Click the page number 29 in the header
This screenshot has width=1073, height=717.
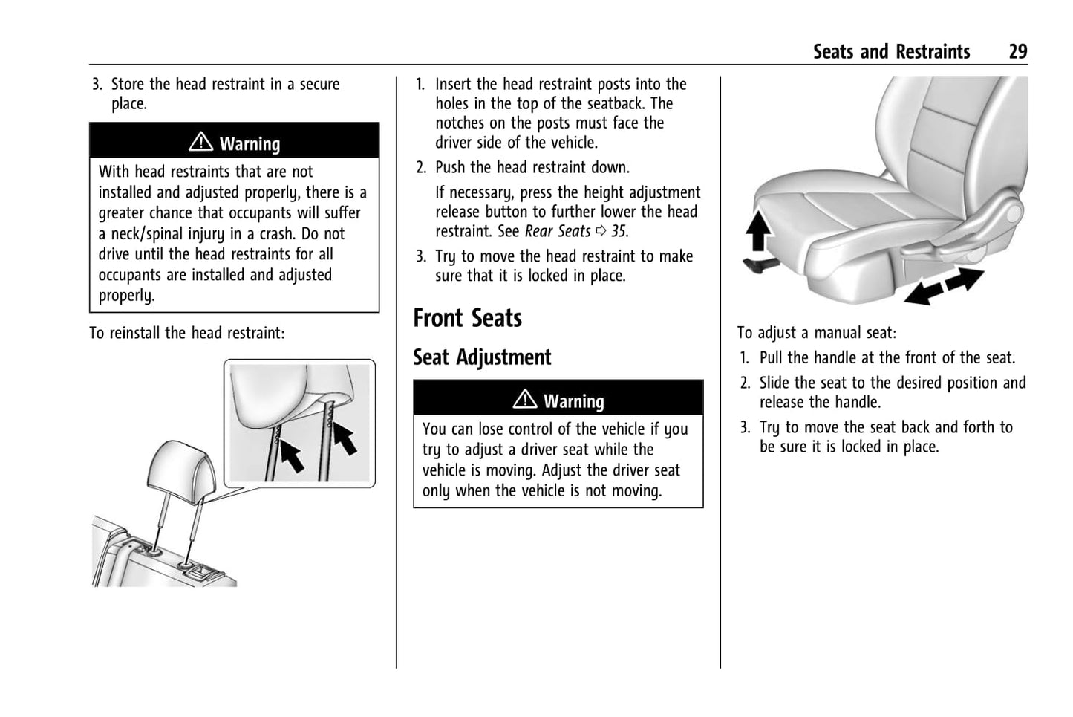point(1017,51)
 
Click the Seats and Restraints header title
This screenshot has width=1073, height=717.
point(891,51)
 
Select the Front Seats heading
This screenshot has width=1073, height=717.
point(467,318)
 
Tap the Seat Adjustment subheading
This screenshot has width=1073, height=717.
point(482,357)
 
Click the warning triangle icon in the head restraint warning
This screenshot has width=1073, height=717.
point(200,142)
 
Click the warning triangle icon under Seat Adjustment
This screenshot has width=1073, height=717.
point(524,400)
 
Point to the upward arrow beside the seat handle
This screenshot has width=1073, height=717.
point(757,230)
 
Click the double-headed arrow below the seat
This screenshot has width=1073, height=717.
point(944,287)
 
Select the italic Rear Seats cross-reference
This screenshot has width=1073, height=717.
point(558,231)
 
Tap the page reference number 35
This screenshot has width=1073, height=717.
point(619,231)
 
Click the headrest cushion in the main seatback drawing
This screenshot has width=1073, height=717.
point(181,468)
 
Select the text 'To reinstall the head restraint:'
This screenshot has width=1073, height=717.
point(187,333)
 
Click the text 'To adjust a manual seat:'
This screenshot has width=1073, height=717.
point(816,333)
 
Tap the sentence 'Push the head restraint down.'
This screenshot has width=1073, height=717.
point(532,167)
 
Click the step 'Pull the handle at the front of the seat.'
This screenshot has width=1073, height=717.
point(887,357)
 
